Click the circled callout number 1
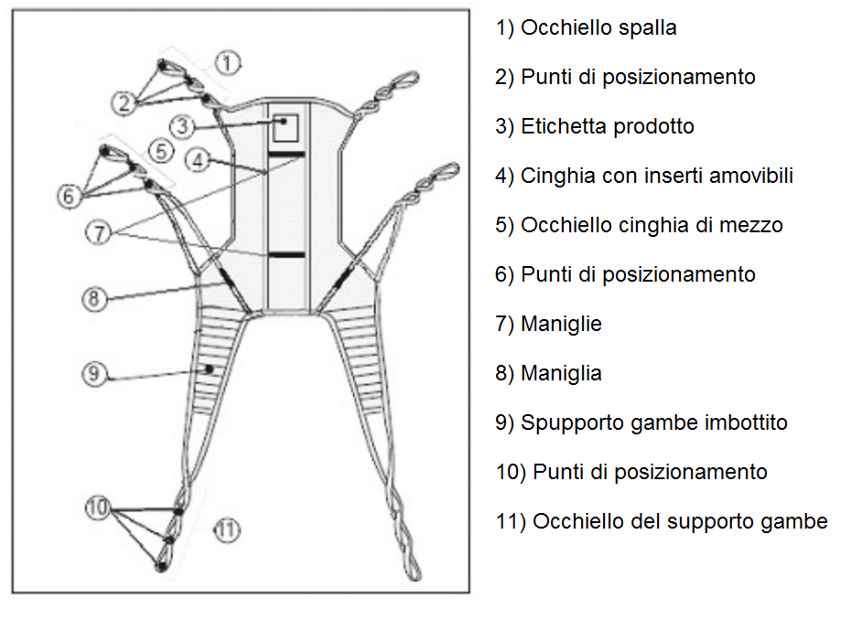228,62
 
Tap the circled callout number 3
184,125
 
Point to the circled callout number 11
227,529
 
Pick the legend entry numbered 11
662,521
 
